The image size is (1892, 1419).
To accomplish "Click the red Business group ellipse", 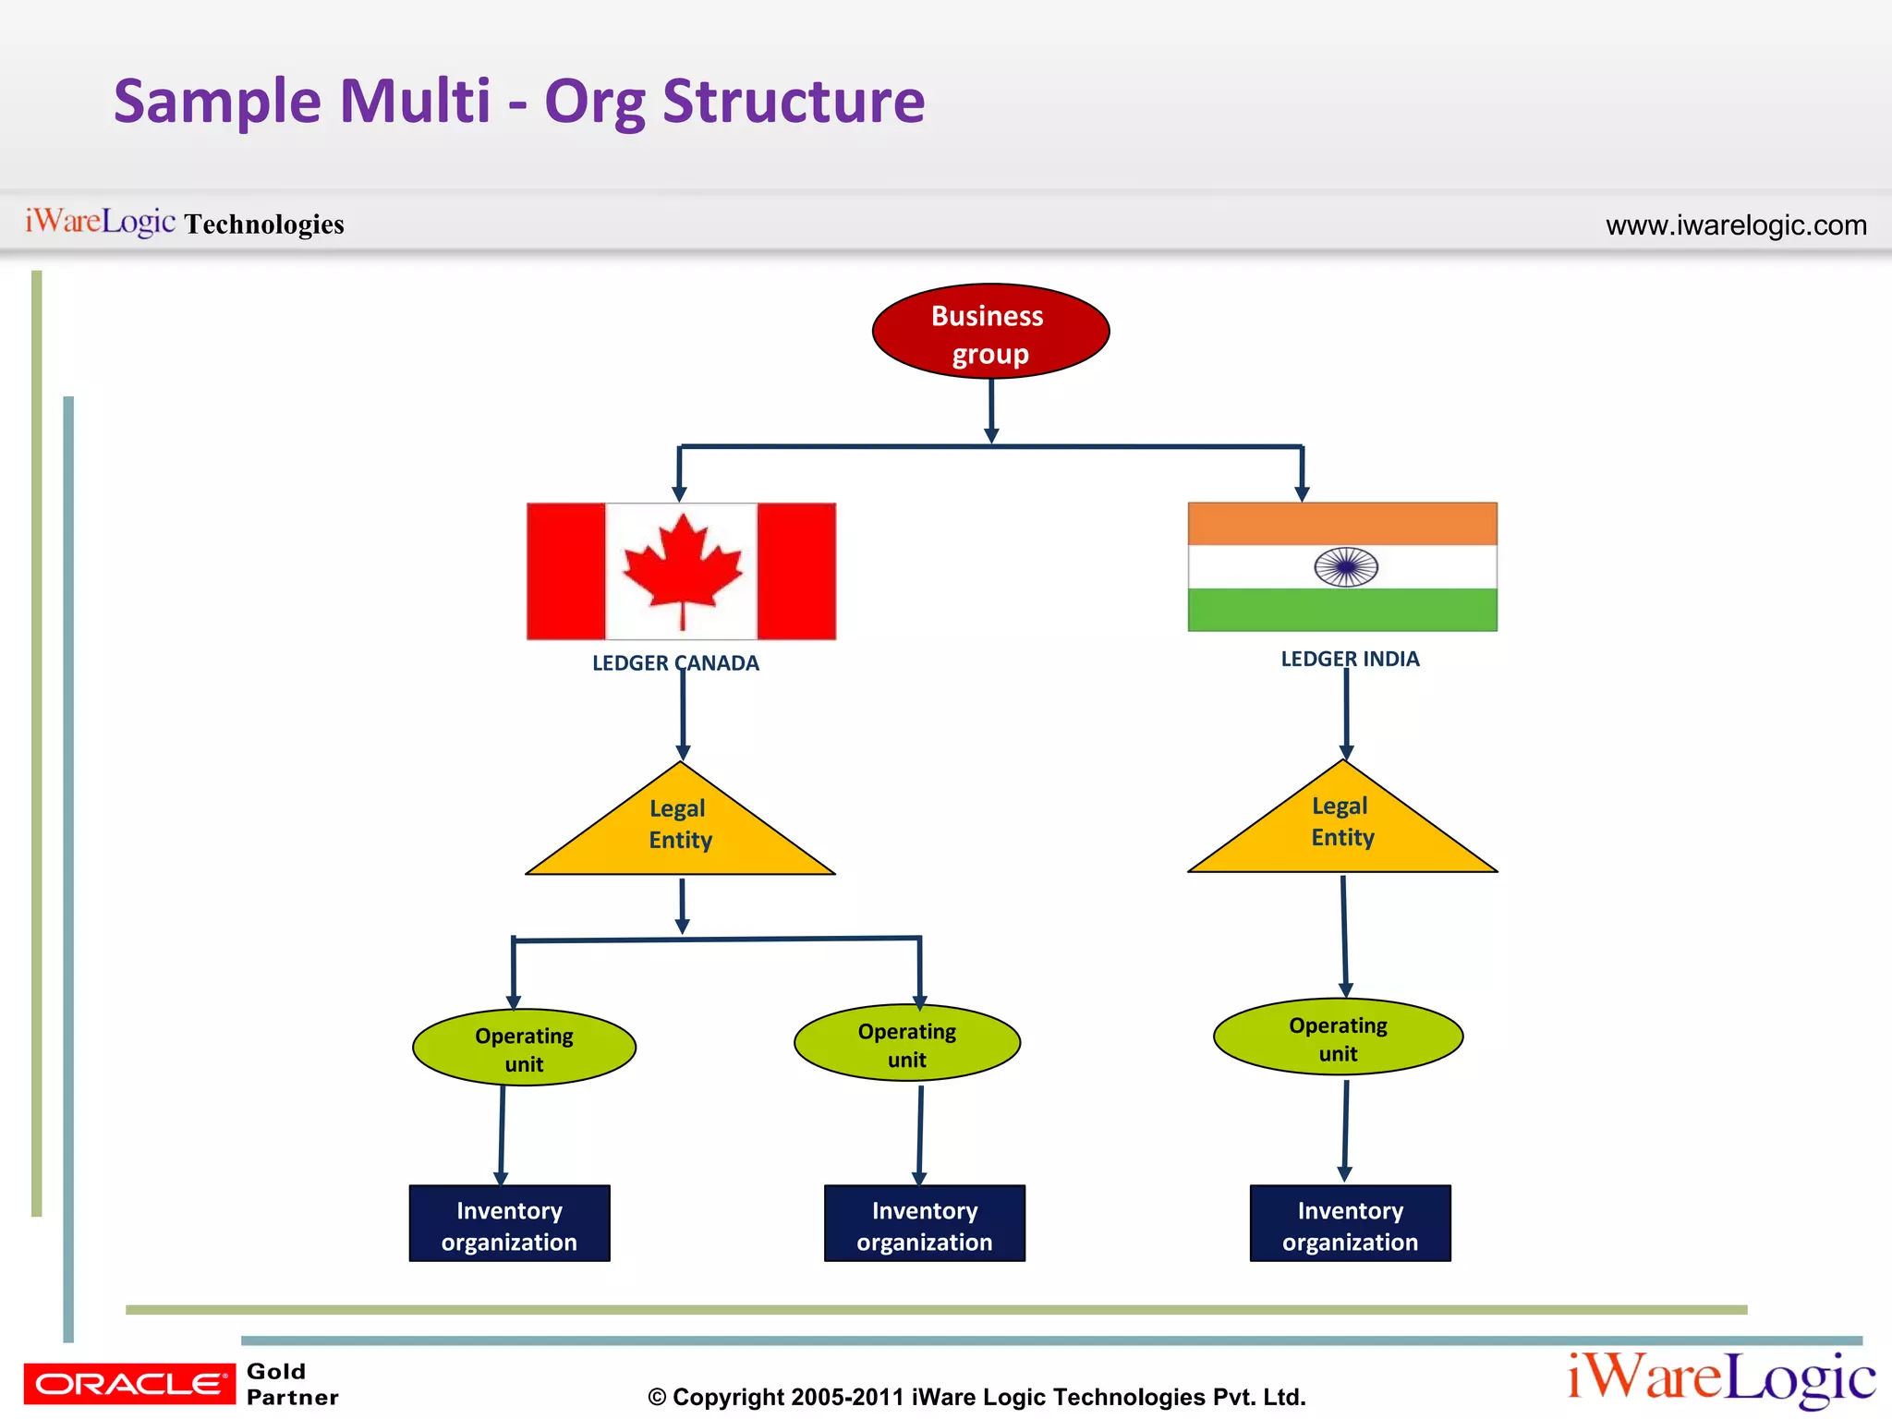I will (990, 332).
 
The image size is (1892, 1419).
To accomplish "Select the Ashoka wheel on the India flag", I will (1346, 567).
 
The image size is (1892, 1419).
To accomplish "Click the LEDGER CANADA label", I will (675, 663).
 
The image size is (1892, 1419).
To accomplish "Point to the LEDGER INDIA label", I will (1350, 660).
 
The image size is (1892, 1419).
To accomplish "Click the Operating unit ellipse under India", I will (1338, 1038).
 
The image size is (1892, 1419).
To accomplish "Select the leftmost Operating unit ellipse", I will (524, 1049).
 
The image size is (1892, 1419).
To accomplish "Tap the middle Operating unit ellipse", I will (907, 1044).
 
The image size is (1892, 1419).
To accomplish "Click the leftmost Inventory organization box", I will (509, 1225).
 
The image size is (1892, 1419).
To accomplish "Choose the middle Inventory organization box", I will (925, 1225).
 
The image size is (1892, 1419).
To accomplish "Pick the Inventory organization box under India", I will (1350, 1225).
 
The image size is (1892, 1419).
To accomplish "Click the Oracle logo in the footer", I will (129, 1384).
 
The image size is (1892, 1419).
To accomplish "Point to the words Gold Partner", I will (291, 1384).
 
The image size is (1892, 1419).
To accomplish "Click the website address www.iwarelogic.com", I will (1736, 225).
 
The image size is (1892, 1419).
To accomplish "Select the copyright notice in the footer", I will (976, 1397).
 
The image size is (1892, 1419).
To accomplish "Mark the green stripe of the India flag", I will (1342, 611).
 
